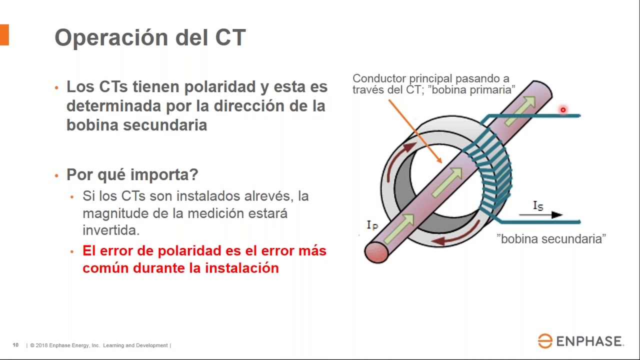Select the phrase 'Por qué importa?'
pyautogui.click(x=132, y=174)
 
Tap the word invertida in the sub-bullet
pyautogui.click(x=110, y=230)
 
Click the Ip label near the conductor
pyautogui.click(x=372, y=225)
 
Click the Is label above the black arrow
pyautogui.click(x=538, y=205)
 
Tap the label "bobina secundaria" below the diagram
pyautogui.click(x=551, y=239)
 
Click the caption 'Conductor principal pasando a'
pyautogui.click(x=430, y=78)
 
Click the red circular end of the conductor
pyautogui.click(x=376, y=251)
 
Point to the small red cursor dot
pyautogui.click(x=563, y=110)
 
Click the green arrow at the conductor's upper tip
pyautogui.click(x=524, y=103)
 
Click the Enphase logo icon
pyautogui.click(x=545, y=341)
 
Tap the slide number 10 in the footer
pyautogui.click(x=15, y=345)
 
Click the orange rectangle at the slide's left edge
pyautogui.click(x=4, y=35)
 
